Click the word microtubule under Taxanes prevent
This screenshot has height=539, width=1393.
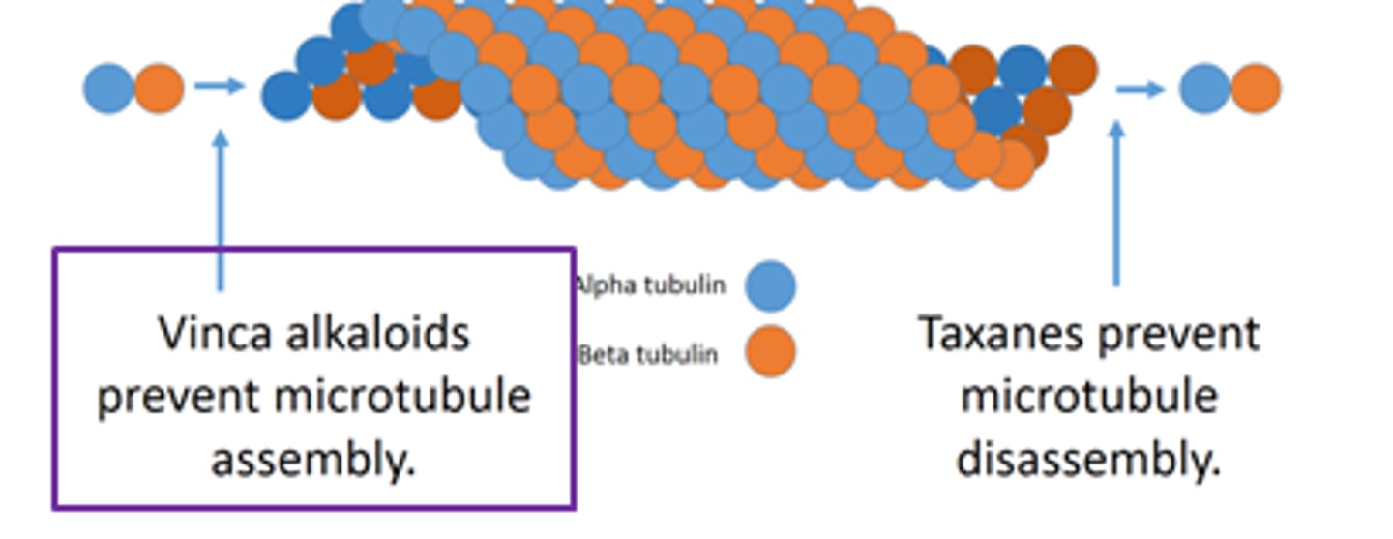pos(1088,397)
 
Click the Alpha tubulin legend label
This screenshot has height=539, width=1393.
pos(650,285)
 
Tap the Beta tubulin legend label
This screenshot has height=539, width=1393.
pos(648,355)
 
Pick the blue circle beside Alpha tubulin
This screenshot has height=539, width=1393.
pos(771,285)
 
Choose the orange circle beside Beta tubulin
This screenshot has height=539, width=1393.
pos(771,352)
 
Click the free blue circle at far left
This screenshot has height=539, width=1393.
pos(108,88)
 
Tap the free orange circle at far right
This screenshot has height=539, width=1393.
pos(1256,88)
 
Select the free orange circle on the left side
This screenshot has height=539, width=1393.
pos(159,88)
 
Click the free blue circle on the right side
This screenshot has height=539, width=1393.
pos(1205,88)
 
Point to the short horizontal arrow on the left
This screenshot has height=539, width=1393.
pos(219,86)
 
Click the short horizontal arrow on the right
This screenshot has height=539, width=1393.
pos(1140,89)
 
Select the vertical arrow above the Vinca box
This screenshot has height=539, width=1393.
pos(221,208)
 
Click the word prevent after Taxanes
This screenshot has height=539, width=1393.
pos(1182,335)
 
